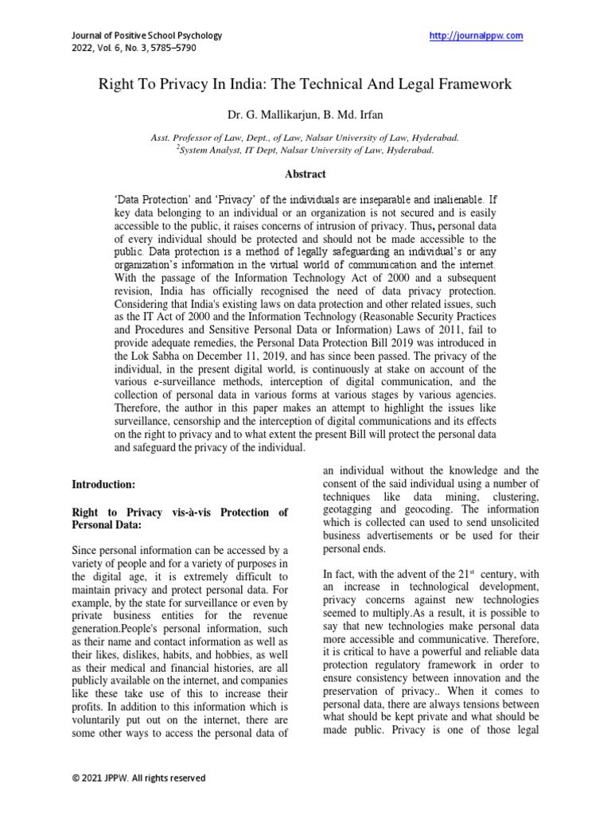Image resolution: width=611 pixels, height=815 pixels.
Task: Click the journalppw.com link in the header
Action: point(476,36)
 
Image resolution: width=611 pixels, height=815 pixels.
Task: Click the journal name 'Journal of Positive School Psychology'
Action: point(147,36)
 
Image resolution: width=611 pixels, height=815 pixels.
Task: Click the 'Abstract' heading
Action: point(305,174)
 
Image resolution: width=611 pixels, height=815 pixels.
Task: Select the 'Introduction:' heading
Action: point(104,484)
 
